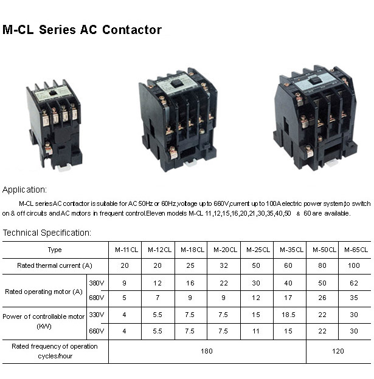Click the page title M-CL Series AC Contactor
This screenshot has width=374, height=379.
82,30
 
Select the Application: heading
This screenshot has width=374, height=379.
24,189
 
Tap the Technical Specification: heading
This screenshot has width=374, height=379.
47,233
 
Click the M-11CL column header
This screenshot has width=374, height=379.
125,250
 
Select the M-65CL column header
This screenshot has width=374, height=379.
355,250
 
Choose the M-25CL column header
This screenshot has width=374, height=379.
256,250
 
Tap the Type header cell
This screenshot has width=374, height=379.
55,250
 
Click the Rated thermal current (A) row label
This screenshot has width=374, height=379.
55,266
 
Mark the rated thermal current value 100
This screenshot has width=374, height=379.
355,266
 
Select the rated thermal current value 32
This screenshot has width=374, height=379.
224,266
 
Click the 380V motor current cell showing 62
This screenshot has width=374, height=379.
355,283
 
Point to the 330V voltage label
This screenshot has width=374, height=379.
97,315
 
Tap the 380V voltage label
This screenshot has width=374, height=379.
97,283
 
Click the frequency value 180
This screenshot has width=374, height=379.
207,351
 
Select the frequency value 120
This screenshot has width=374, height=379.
338,351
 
